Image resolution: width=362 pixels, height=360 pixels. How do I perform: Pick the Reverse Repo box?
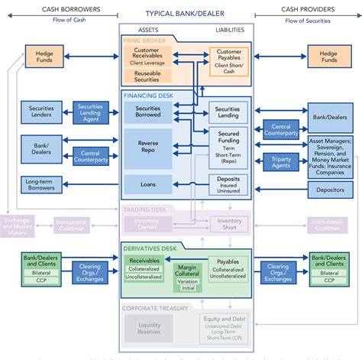pyautogui.click(x=148, y=148)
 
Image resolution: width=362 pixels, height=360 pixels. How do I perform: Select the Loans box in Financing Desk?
pyautogui.click(x=148, y=184)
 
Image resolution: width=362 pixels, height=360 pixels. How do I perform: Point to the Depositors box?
pyautogui.click(x=329, y=190)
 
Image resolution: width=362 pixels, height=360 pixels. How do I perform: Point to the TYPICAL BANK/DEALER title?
pyautogui.click(x=181, y=14)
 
